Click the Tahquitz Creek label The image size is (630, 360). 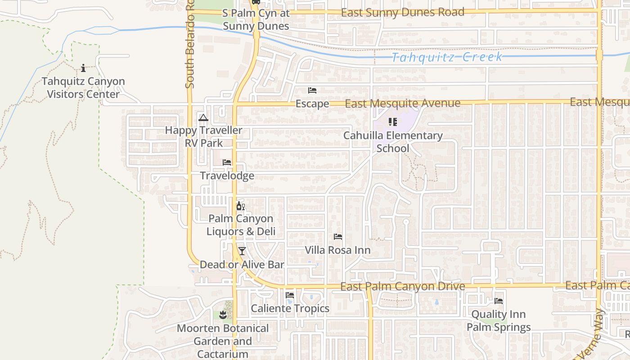tap(446, 57)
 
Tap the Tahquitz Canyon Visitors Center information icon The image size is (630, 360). tap(83, 68)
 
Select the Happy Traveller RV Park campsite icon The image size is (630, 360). tap(203, 118)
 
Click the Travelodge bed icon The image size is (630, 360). tap(227, 162)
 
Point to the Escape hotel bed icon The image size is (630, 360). tap(312, 90)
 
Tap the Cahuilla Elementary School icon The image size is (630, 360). tap(393, 121)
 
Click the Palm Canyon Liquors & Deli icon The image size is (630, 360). tap(241, 206)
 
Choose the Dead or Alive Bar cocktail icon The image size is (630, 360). tap(242, 251)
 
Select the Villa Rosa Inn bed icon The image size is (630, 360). tap(338, 237)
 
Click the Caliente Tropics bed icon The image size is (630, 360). tap(290, 295)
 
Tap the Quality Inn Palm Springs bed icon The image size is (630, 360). tap(499, 301)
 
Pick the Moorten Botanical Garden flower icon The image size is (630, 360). tap(223, 315)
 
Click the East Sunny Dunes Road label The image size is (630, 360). tap(402, 13)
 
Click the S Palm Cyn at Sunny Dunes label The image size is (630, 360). tap(256, 20)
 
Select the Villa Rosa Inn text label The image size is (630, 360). tap(338, 250)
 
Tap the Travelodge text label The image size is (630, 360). tap(227, 175)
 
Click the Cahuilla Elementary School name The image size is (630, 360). tap(393, 142)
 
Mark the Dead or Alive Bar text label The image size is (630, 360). tap(242, 265)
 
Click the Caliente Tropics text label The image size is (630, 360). tap(290, 309)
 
